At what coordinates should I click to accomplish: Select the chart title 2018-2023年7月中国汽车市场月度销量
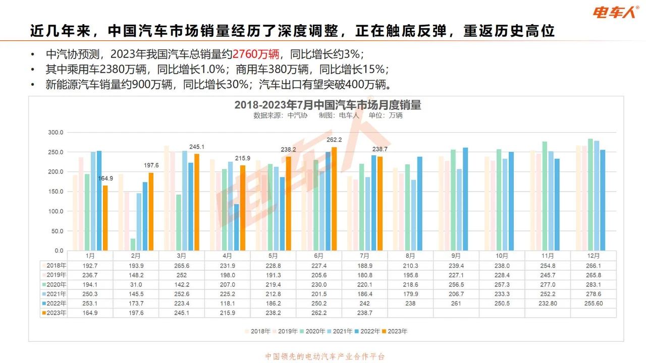point(328,105)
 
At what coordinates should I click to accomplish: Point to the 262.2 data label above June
point(334,140)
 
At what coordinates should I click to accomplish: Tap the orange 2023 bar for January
point(105,218)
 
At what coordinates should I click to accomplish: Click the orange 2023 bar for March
point(197,202)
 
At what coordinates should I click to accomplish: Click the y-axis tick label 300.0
point(56,133)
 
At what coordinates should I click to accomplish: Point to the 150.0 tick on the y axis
point(56,192)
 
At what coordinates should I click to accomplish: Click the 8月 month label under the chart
point(410,256)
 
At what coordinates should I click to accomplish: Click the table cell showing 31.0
point(136,284)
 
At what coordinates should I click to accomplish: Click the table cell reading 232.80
point(548,304)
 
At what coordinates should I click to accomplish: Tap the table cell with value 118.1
point(227,304)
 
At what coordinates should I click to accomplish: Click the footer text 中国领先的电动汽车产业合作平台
point(325,356)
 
